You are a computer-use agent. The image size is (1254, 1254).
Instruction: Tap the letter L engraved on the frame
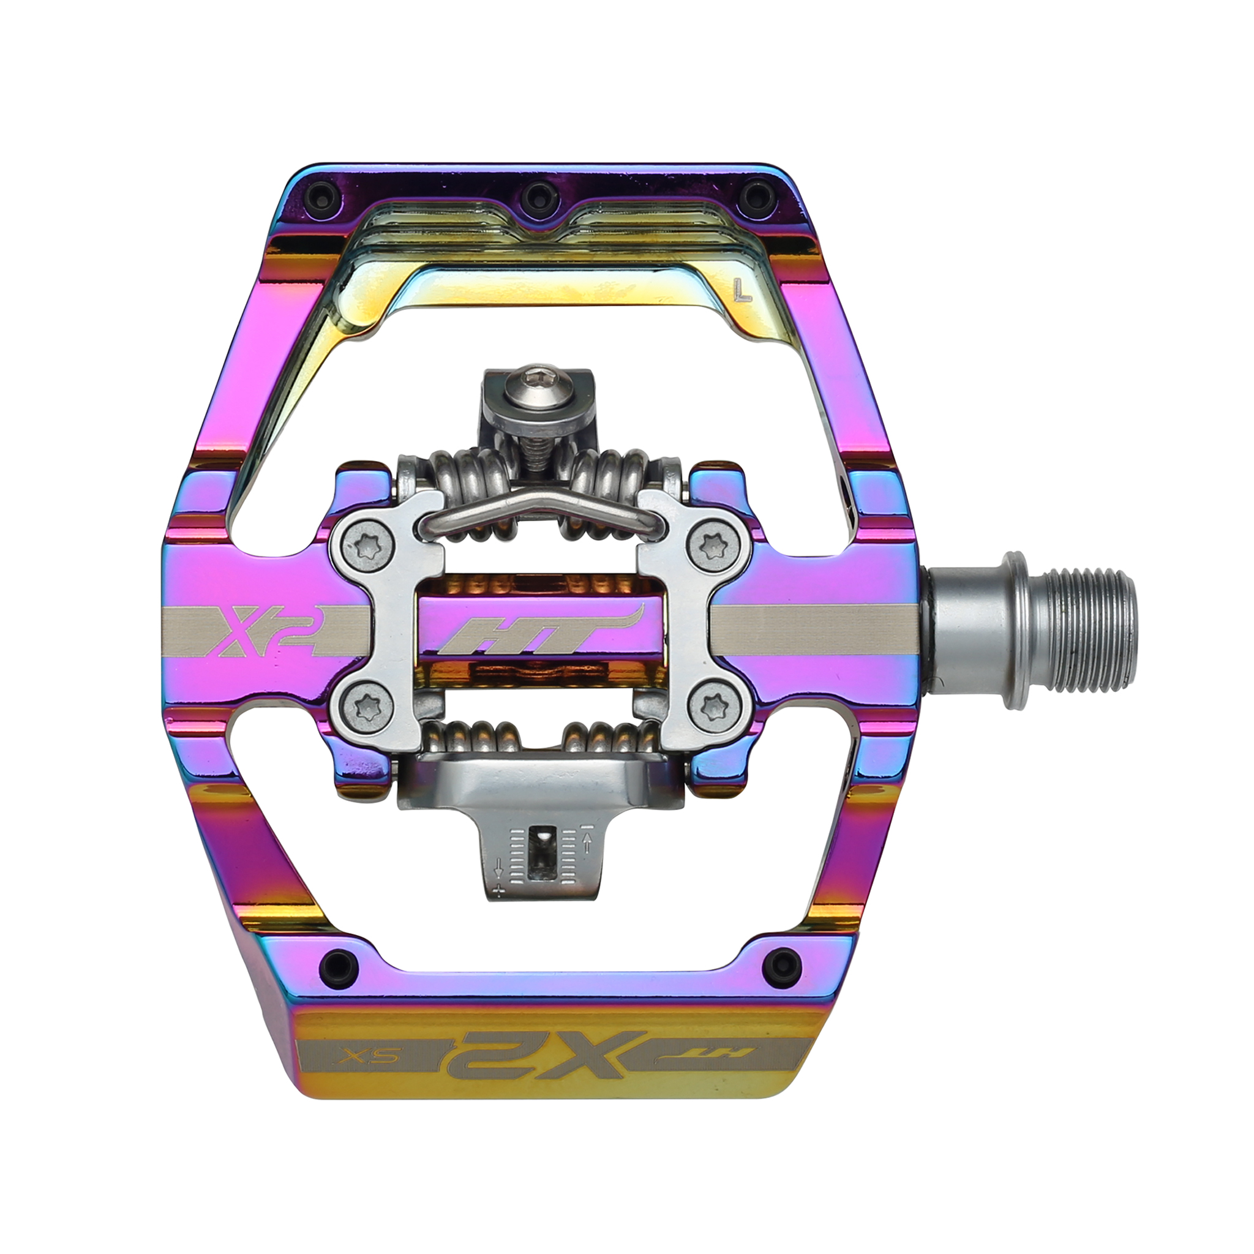(x=742, y=291)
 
